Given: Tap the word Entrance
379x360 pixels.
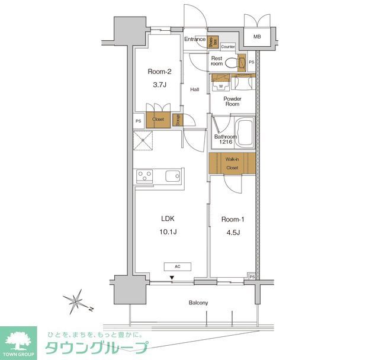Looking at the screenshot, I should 194,40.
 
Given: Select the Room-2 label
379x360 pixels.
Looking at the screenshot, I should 159,72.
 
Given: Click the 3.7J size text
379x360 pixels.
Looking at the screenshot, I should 159,85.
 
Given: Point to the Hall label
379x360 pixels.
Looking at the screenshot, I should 194,89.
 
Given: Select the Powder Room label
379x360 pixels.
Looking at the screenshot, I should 232,101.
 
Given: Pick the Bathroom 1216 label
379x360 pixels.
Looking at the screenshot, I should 225,140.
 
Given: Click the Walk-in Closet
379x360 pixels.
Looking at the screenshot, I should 232,163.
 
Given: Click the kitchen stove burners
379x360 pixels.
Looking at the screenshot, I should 144,176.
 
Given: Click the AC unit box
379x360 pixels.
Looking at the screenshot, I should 178,266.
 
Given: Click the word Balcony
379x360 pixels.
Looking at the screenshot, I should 198,303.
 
